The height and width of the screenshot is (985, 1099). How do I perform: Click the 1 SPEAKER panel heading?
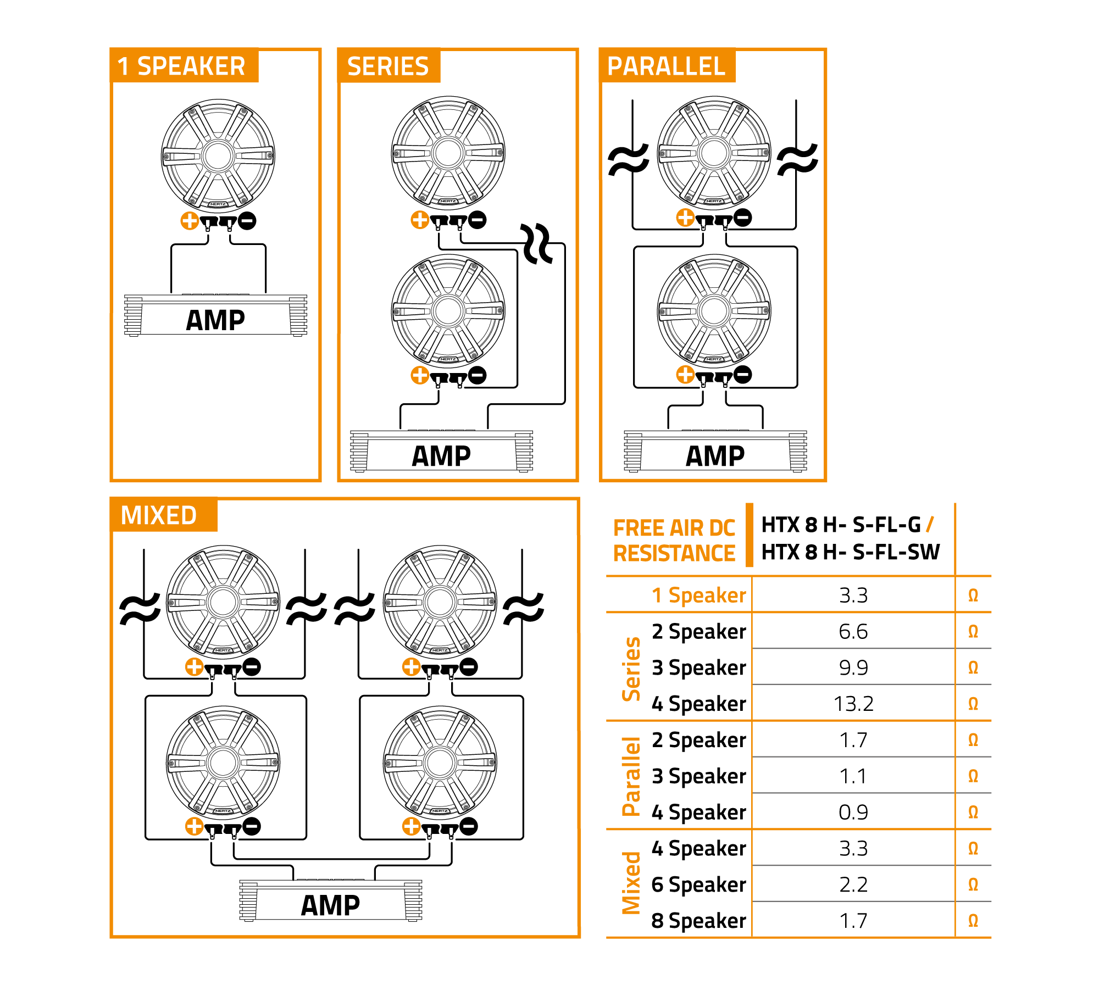coord(181,66)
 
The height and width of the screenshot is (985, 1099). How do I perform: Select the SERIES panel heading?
coord(388,66)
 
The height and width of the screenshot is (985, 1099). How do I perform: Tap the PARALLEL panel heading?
coord(666,66)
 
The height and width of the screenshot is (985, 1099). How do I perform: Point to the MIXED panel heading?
coord(158,515)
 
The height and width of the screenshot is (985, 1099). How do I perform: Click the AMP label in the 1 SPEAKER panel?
coord(215,320)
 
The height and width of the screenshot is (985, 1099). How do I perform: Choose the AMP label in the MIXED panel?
coord(330,905)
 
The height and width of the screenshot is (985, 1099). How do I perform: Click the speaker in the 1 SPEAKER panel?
coord(218,155)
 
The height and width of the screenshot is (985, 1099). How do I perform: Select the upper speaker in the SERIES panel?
coord(448,153)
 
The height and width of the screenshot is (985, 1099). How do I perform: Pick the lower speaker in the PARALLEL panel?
coord(714,310)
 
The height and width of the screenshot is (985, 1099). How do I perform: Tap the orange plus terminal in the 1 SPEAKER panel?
coord(190,221)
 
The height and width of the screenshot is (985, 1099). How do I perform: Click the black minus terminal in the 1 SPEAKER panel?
coord(247,221)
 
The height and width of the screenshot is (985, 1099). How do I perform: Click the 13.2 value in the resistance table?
coord(853,704)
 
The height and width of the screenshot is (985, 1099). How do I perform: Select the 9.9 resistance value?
coord(853,667)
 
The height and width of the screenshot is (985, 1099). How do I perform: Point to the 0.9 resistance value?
coord(853,812)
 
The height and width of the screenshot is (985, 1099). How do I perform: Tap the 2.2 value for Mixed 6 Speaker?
coord(853,884)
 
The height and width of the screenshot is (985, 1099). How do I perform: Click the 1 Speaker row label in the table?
coord(698,595)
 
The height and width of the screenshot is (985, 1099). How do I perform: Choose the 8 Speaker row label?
coord(698,921)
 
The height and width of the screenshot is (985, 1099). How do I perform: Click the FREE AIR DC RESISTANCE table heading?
coord(674,541)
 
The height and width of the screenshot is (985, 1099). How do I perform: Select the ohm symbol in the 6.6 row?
coord(973,632)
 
